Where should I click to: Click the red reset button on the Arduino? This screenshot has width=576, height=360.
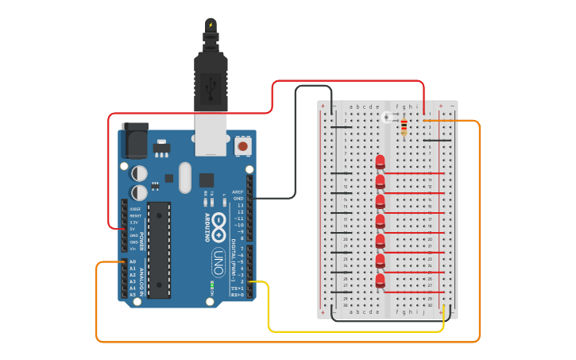tap(242, 146)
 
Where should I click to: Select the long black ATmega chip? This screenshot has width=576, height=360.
tap(159, 250)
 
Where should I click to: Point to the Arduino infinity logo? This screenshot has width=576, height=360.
tap(219, 223)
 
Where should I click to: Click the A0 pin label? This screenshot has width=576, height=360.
tap(133, 261)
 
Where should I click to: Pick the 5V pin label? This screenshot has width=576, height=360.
tap(133, 228)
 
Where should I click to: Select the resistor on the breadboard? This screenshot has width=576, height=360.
tap(404, 126)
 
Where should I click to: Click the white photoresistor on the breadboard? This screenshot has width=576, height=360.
tap(387, 118)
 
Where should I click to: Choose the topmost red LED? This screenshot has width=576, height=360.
tap(381, 163)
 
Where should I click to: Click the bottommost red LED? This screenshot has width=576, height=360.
tap(381, 281)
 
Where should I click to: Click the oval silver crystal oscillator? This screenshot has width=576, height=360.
tap(185, 177)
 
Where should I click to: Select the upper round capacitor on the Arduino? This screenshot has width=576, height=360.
tap(139, 172)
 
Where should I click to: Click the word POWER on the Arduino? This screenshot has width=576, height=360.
tap(142, 241)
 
